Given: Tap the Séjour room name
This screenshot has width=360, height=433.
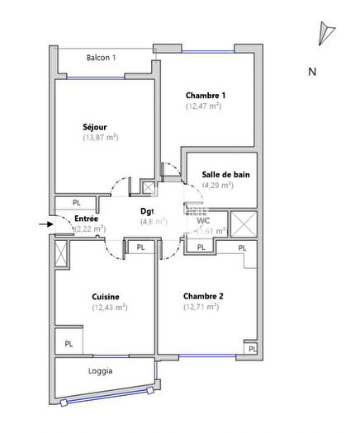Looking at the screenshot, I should click(95, 127).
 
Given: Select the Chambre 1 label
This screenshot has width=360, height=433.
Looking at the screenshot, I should click(206, 95).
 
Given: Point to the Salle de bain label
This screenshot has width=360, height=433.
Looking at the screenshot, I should click(225, 174).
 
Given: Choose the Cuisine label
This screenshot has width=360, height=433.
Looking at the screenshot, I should click(106, 296).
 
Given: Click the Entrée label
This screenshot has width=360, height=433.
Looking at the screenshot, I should click(87, 219).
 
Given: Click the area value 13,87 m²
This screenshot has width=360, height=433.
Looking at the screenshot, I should click(101, 138).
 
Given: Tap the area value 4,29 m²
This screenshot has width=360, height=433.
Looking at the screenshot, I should click(219, 185).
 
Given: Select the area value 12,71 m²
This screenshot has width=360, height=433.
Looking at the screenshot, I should click(201, 307).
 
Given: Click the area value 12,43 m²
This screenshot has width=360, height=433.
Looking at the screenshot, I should click(109, 307).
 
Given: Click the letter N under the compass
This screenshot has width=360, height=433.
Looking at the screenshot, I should click(312, 72).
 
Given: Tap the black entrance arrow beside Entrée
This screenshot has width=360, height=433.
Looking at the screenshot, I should click(44, 222).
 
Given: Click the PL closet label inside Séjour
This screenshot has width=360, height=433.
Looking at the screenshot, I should click(76, 202).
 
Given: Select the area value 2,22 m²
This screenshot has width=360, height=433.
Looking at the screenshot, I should click(89, 228).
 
